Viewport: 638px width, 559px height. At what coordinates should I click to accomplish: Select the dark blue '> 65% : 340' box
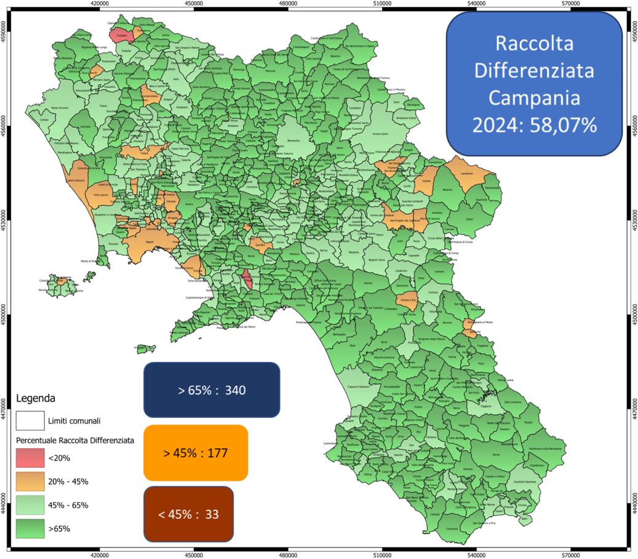coord(211,390)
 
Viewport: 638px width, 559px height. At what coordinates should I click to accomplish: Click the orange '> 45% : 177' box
coord(196,453)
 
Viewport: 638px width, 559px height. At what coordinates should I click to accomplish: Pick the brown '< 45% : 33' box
coord(188,513)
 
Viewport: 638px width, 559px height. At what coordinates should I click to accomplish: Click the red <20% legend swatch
coord(30,457)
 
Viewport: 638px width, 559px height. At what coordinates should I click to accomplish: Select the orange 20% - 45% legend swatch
coord(30,481)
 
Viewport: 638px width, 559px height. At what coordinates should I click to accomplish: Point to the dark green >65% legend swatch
coord(30,528)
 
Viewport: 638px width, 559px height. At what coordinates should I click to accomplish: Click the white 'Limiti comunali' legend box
coord(30,421)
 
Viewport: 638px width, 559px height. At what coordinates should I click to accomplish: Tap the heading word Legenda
coord(36,398)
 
